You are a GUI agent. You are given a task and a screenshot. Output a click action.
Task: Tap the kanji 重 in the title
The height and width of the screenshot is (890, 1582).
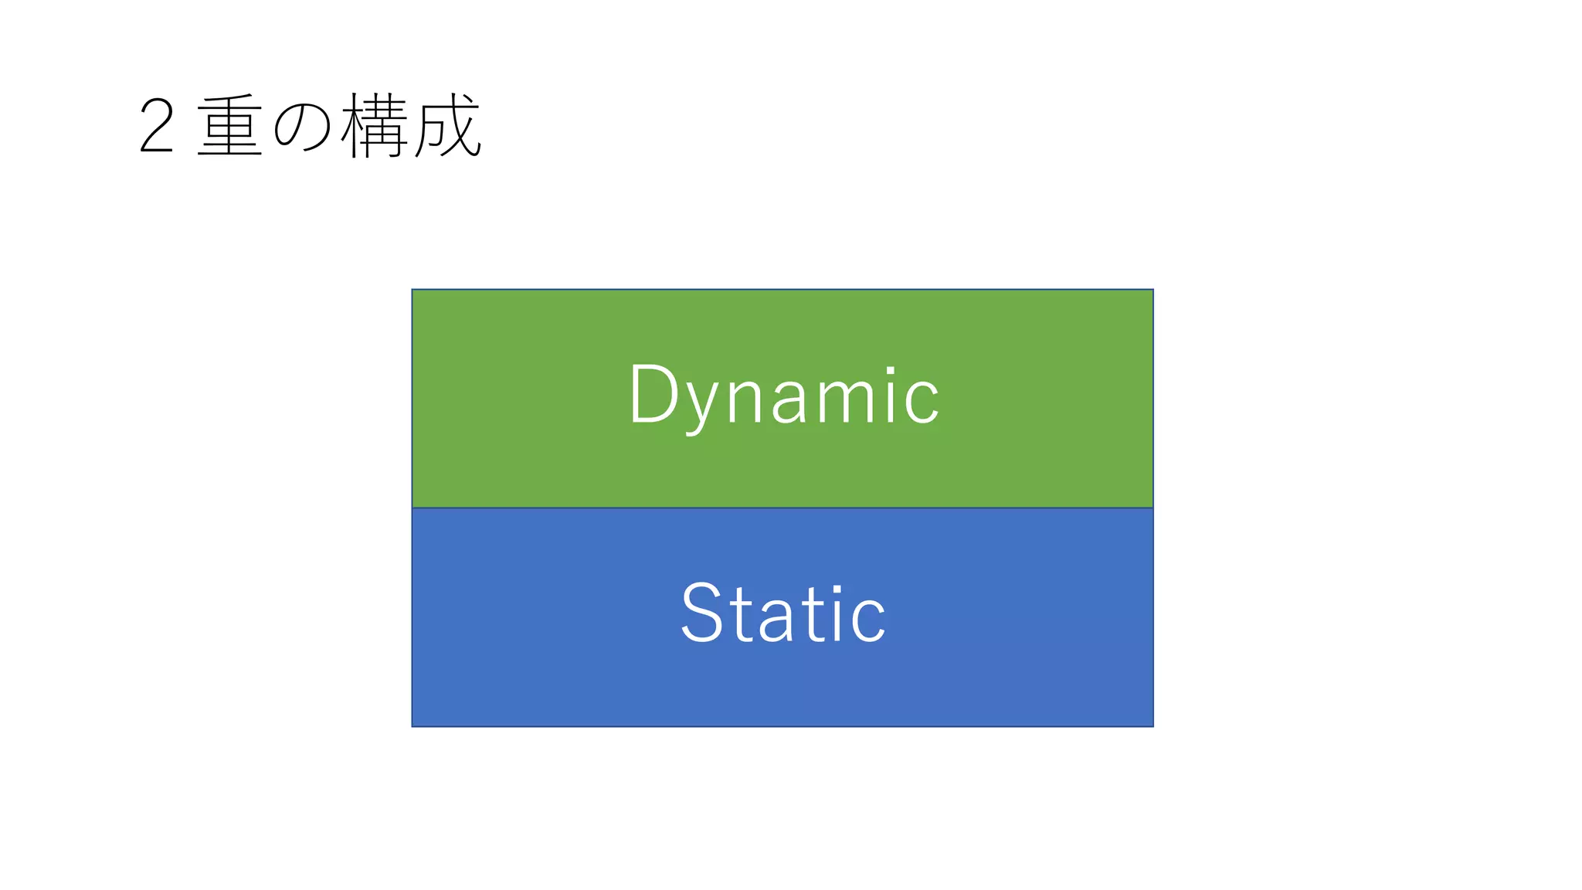tap(229, 125)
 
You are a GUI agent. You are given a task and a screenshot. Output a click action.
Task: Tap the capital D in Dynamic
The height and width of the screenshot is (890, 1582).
tap(654, 394)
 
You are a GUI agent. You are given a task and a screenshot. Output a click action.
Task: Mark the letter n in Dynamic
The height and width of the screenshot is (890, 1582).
tap(745, 397)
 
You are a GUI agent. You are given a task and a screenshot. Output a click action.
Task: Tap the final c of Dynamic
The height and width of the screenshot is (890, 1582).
tap(922, 399)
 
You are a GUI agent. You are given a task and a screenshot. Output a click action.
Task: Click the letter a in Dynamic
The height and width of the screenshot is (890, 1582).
tap(789, 399)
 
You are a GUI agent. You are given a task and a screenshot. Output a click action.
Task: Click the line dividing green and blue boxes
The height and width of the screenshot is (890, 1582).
tap(783, 508)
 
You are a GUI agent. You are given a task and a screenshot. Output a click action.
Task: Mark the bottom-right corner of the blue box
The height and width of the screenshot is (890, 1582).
tap(1153, 726)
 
